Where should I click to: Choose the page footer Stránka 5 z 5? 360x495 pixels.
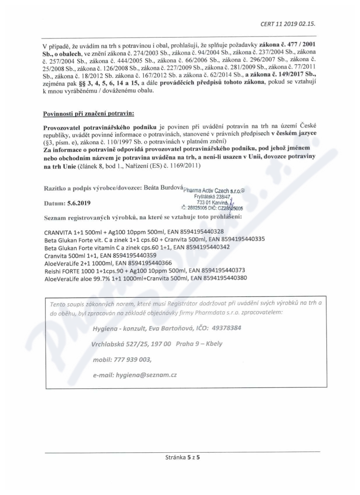coord(182,457)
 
